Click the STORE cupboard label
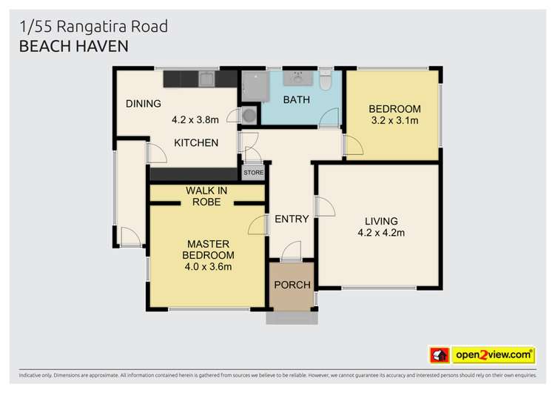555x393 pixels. click(253, 173)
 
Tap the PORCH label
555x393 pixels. click(292, 285)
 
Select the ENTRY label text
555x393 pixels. click(292, 219)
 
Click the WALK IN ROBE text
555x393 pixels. click(206, 196)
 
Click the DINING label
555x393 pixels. click(144, 103)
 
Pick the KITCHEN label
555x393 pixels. click(196, 142)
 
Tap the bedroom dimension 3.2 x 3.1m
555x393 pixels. click(394, 120)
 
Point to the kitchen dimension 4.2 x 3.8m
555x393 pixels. click(196, 119)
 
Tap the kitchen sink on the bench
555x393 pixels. click(206, 78)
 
